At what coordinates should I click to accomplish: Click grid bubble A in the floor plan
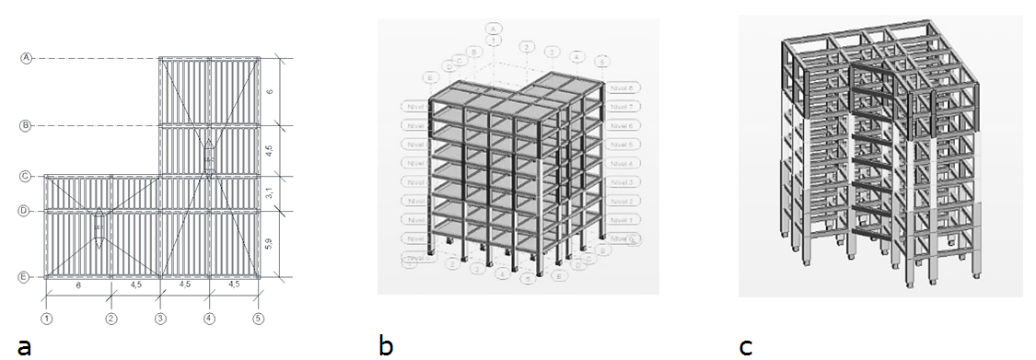(27, 58)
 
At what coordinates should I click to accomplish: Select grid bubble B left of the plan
(27, 125)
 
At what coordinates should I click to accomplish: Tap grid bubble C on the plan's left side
(27, 176)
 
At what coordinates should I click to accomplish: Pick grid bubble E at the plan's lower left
(27, 276)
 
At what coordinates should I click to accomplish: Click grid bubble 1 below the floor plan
(45, 319)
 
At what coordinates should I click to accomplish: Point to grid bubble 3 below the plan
(160, 319)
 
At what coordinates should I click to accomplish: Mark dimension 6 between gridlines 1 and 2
(78, 285)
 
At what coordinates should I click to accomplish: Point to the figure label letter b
(386, 346)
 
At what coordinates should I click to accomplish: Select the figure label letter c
(746, 346)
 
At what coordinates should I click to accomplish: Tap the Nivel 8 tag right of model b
(624, 87)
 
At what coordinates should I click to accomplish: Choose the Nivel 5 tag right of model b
(624, 145)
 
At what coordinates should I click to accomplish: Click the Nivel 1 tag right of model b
(624, 220)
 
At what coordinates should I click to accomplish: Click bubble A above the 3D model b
(495, 29)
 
